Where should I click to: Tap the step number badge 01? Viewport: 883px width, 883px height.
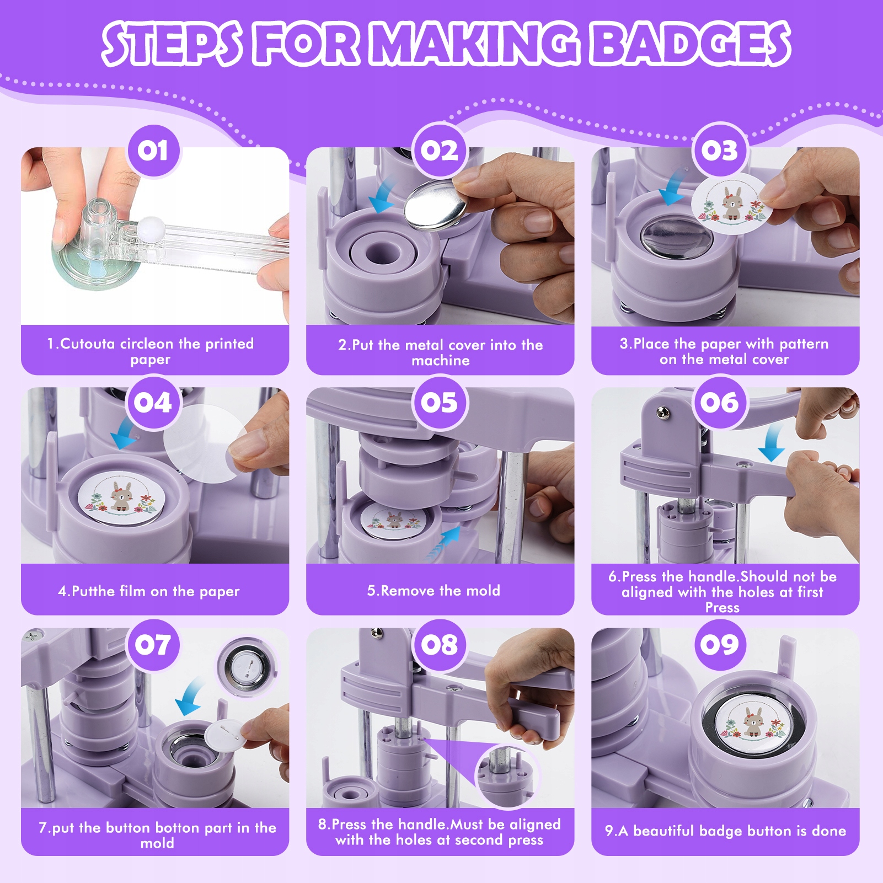pyautogui.click(x=153, y=151)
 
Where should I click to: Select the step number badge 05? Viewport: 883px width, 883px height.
pyautogui.click(x=440, y=402)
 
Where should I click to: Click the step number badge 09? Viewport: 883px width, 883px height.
pyautogui.click(x=720, y=644)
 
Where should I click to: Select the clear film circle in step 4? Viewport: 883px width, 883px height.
pyautogui.click(x=206, y=444)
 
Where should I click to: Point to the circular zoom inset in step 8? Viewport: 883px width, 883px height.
pyautogui.click(x=507, y=775)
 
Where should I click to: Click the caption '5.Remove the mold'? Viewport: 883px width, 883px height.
pyautogui.click(x=434, y=591)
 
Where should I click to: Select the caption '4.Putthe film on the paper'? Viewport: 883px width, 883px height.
pyautogui.click(x=149, y=591)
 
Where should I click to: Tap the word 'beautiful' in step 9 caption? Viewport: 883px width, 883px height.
pyautogui.click(x=663, y=831)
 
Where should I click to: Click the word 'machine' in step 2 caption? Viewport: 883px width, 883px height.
pyautogui.click(x=441, y=361)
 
